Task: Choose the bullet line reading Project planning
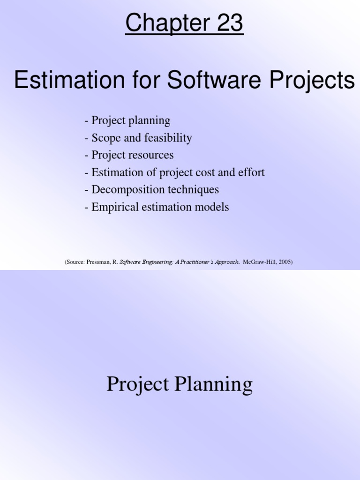tap(127, 120)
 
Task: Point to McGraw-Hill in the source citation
tap(259, 262)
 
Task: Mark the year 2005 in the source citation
tap(284, 262)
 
